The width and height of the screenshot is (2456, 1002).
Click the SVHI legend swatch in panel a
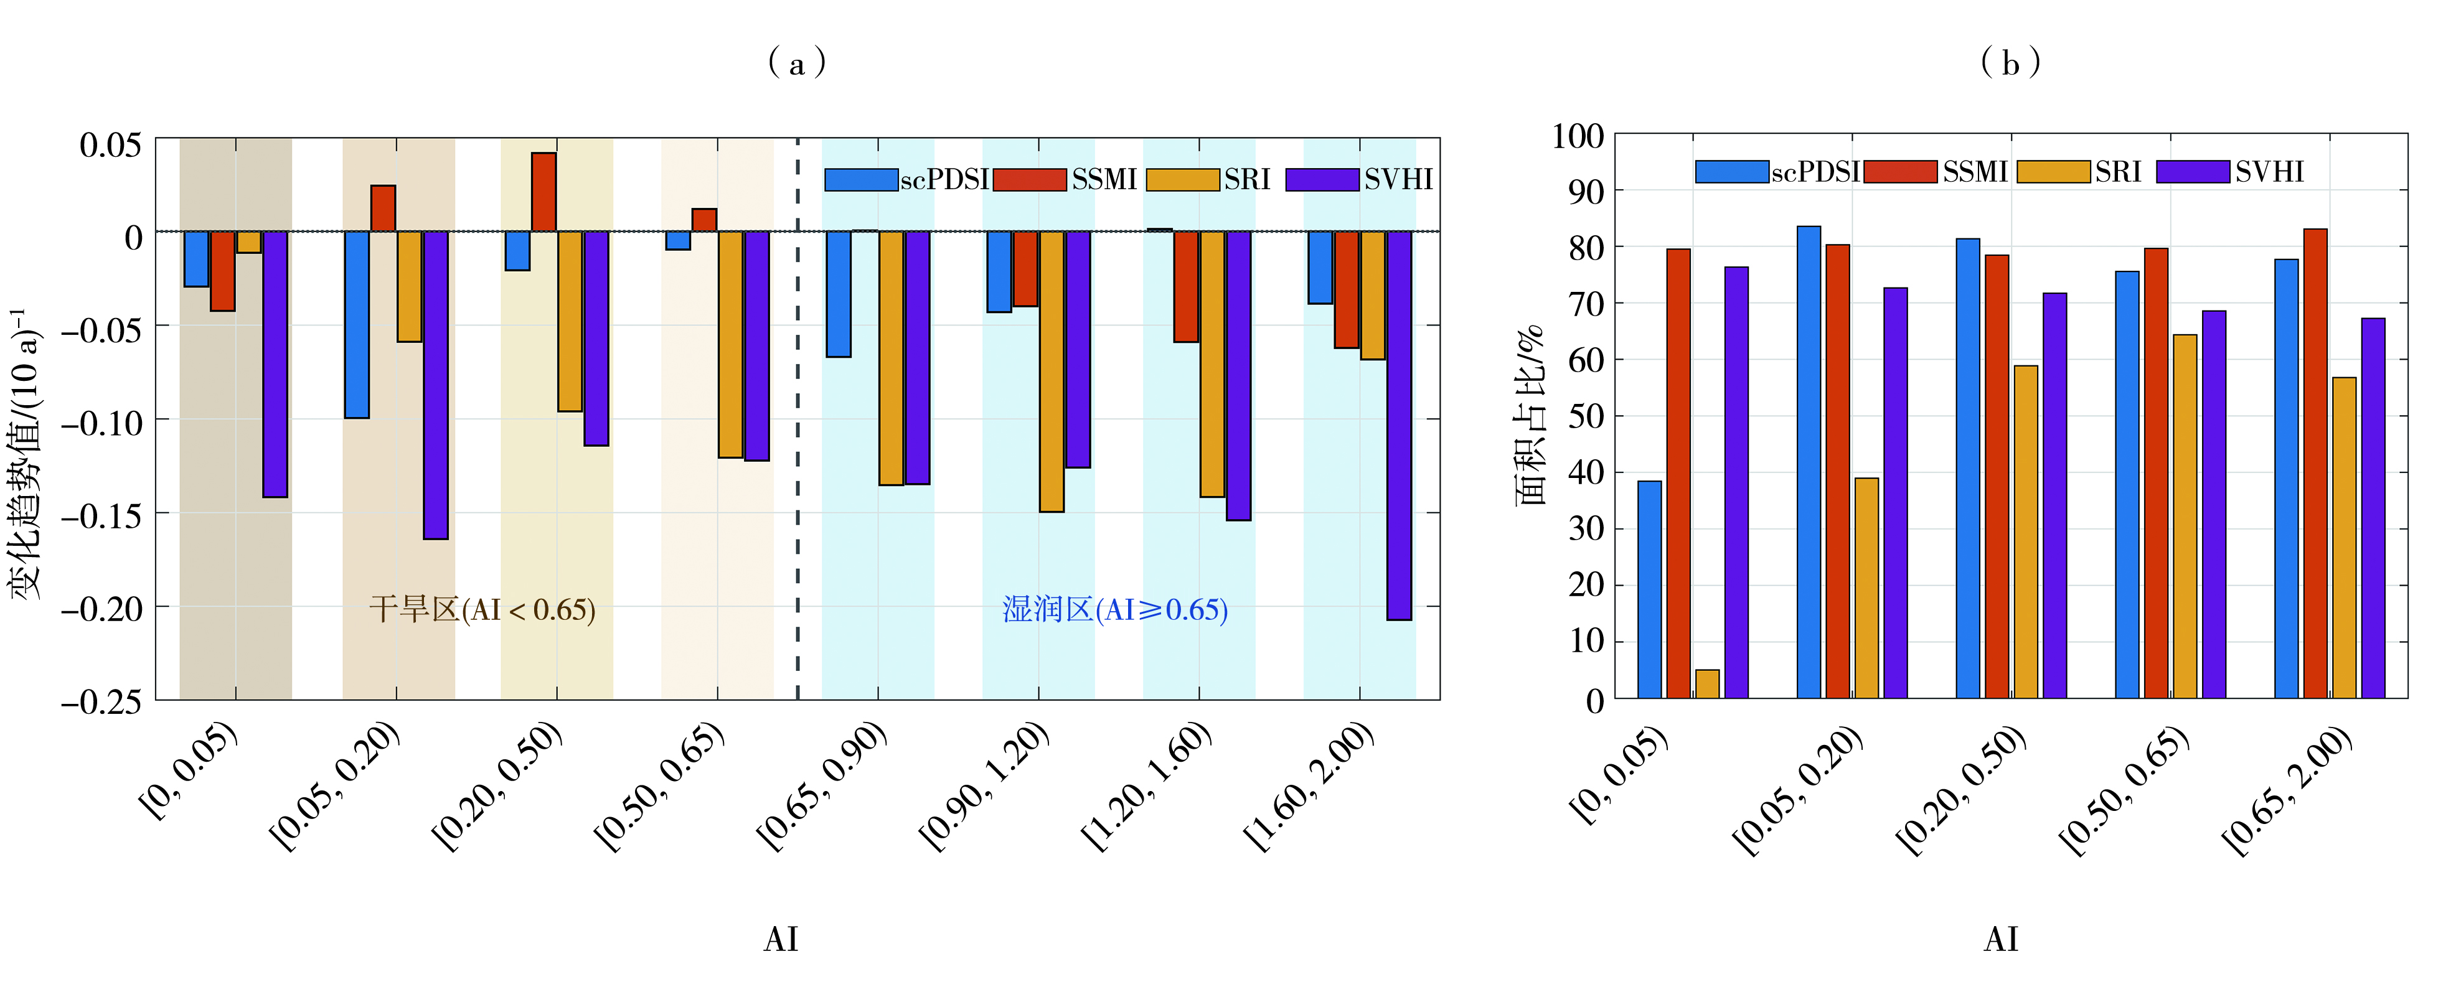[x=1322, y=179]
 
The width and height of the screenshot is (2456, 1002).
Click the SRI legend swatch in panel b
[x=2054, y=172]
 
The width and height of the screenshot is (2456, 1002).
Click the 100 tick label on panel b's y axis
[x=1578, y=136]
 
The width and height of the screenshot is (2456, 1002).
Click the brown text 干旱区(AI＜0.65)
[x=482, y=609]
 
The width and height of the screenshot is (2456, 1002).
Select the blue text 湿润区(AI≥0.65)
[x=1114, y=609]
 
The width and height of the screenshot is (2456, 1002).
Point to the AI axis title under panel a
[x=781, y=939]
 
